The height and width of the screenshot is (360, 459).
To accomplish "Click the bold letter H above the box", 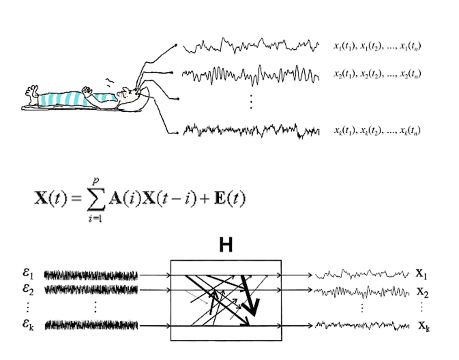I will click(x=226, y=245).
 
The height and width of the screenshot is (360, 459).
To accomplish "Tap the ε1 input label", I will click(x=27, y=275).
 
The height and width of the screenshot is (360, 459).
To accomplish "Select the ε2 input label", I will click(x=27, y=290).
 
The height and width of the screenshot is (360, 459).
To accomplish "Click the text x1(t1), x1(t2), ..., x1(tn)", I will click(x=376, y=46).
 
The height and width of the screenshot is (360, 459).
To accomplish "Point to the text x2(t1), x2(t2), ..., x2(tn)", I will click(x=376, y=74).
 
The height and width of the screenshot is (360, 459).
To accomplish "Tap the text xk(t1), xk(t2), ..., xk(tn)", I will click(x=376, y=130).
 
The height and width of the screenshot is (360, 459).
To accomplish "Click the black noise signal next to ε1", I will click(x=91, y=275).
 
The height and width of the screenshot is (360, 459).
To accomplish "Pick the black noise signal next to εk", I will click(x=91, y=325).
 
